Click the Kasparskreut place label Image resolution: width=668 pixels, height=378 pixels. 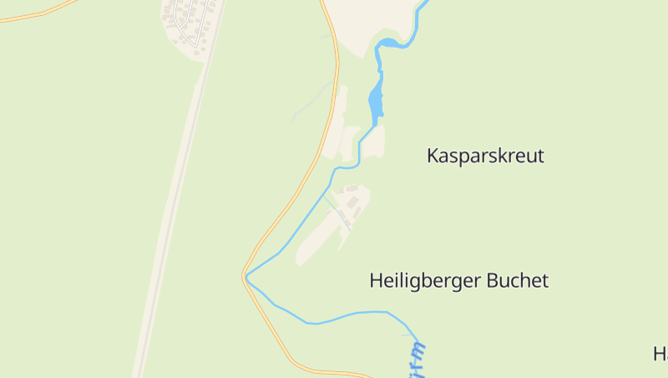485,156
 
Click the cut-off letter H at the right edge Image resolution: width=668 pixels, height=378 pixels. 660,354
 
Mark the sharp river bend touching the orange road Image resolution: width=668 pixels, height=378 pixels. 247,276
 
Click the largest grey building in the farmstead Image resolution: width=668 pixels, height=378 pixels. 353,203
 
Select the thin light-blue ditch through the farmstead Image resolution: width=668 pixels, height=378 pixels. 336,209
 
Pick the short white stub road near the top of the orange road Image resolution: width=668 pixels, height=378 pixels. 326,36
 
